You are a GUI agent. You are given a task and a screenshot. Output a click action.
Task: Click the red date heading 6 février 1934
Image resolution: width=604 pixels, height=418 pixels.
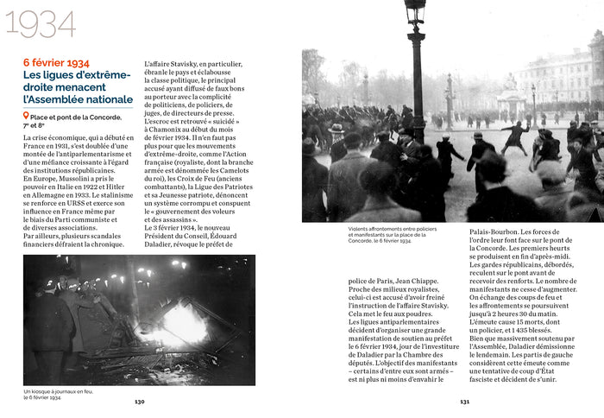(x=56, y=64)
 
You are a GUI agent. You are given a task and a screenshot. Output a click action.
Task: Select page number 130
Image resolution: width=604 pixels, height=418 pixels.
(x=140, y=402)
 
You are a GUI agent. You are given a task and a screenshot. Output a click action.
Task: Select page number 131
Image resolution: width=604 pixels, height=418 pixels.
(x=464, y=402)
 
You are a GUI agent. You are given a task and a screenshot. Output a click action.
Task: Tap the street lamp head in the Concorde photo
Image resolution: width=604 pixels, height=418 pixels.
(x=415, y=11)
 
